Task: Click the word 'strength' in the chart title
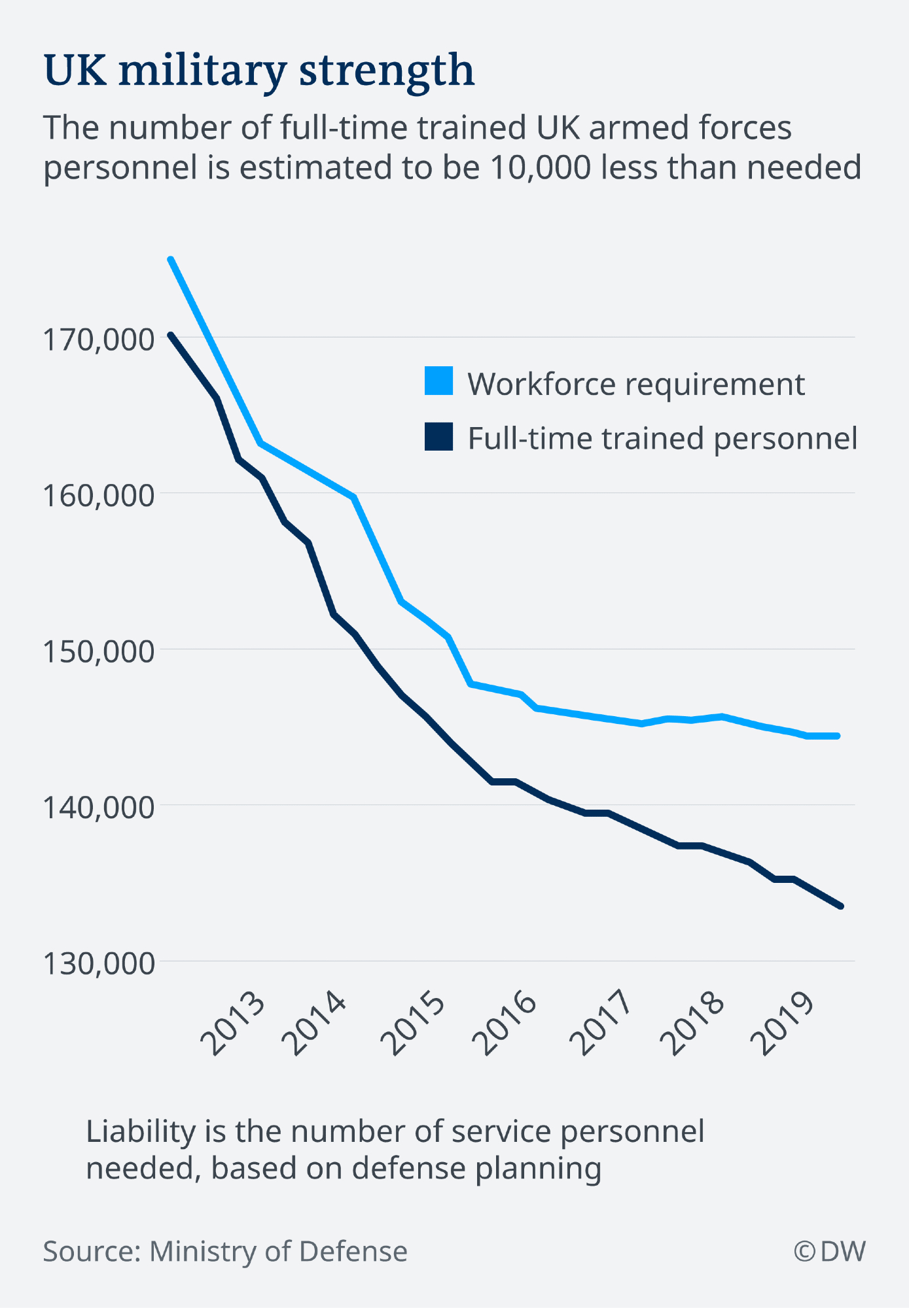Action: click(386, 70)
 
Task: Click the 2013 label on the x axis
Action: click(234, 1024)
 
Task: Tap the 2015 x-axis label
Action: click(414, 1024)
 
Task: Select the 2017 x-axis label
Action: click(600, 1024)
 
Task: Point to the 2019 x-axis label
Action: click(782, 1024)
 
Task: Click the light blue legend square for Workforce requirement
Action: click(438, 381)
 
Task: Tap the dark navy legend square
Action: click(438, 436)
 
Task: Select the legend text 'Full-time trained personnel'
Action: click(662, 438)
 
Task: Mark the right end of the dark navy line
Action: click(841, 906)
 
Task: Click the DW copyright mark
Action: click(830, 1252)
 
